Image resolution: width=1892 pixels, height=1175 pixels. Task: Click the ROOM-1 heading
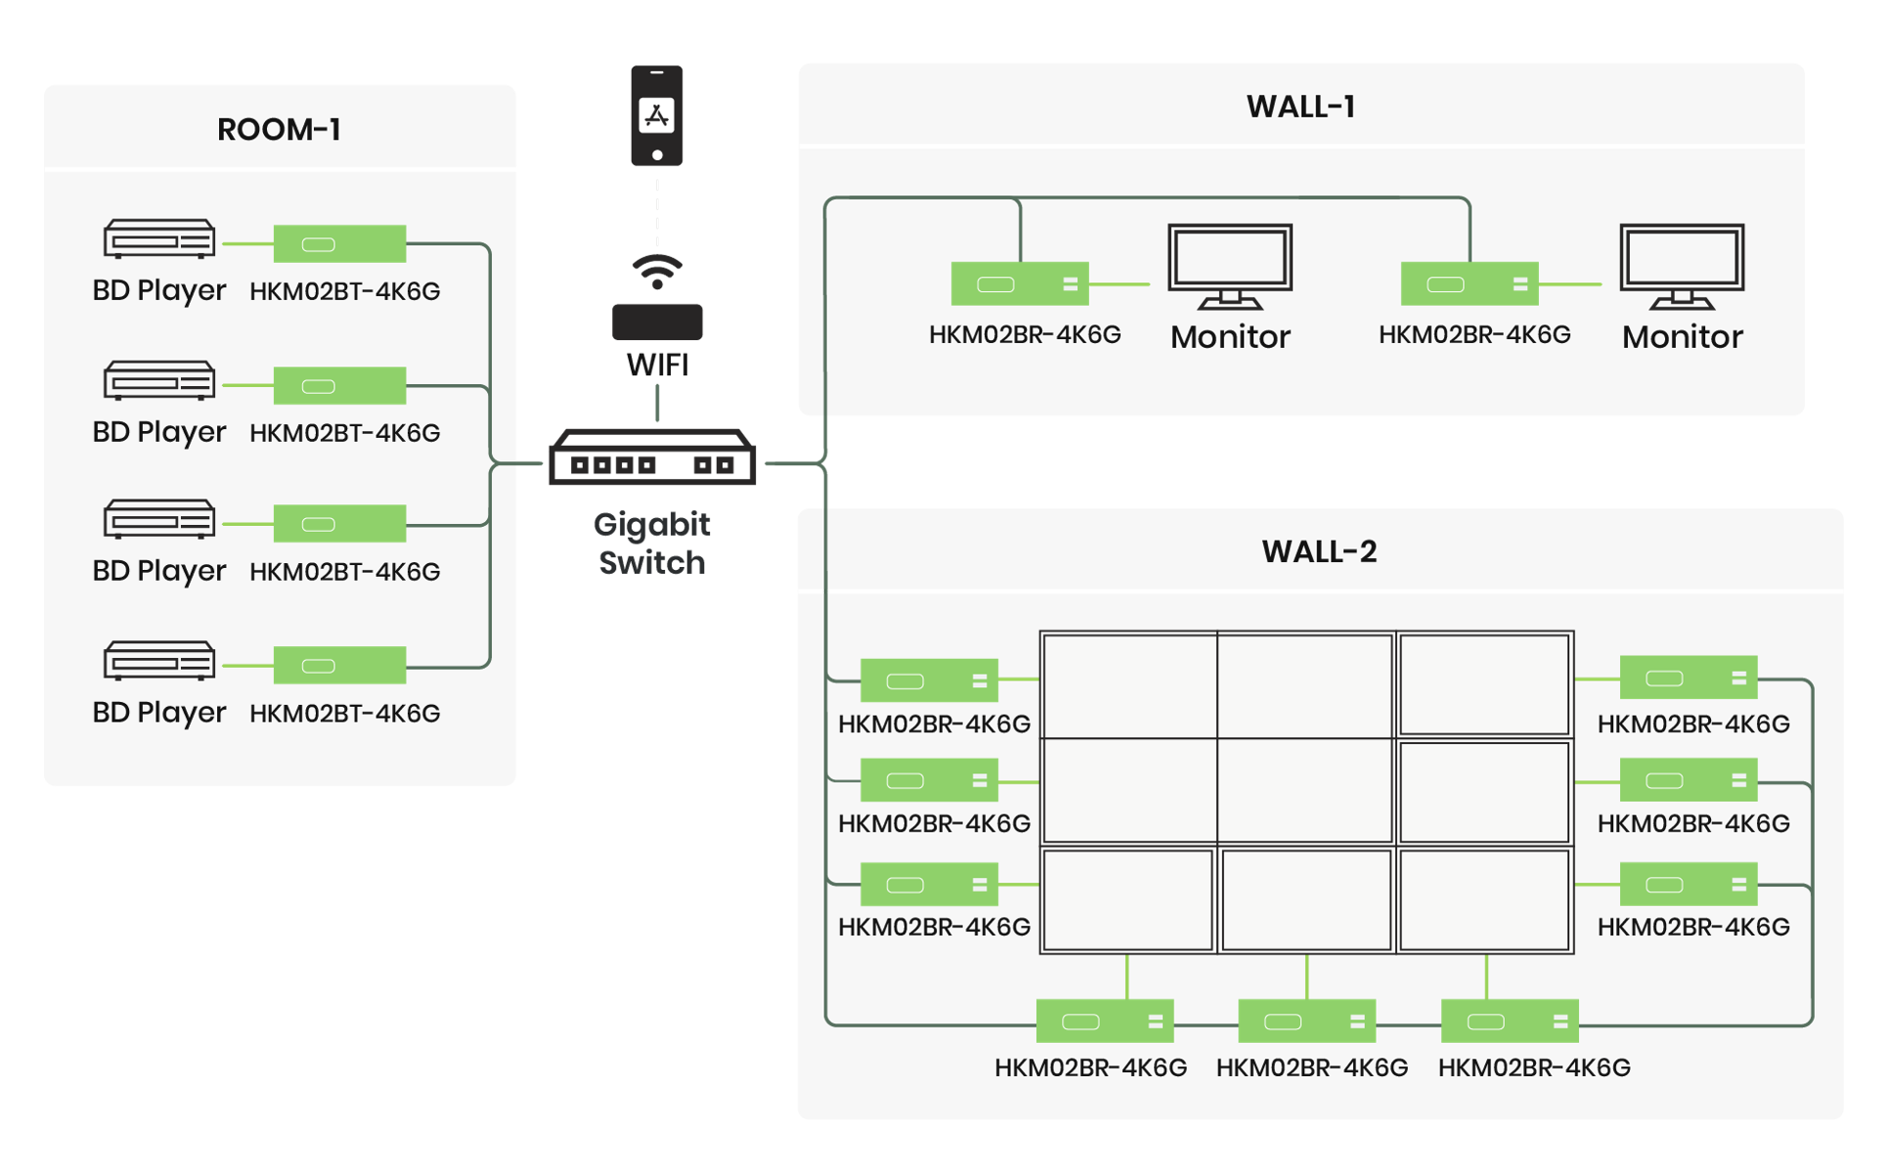coord(279,129)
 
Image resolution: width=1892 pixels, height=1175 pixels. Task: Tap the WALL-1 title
coord(1300,107)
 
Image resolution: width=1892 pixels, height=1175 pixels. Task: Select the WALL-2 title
coord(1319,551)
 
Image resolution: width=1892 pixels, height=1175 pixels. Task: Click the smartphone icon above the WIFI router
coord(656,115)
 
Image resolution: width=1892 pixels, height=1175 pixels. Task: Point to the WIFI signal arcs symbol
coord(656,270)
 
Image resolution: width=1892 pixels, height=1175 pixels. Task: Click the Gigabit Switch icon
coord(652,457)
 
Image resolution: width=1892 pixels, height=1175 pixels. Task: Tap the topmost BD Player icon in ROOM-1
coord(159,239)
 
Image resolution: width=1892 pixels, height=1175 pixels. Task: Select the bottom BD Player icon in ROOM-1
coord(159,661)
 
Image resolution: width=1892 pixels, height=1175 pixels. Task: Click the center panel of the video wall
coord(1305,791)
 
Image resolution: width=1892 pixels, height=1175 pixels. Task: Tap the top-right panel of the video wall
coord(1484,684)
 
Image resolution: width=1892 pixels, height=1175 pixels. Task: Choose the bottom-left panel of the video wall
coord(1127,899)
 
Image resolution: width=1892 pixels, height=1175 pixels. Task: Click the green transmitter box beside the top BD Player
coord(339,243)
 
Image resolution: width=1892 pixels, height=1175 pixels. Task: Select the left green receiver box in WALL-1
coord(1019,283)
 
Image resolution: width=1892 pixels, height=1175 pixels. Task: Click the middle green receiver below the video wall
coord(1306,1022)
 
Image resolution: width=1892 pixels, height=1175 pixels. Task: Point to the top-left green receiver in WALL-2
coord(929,680)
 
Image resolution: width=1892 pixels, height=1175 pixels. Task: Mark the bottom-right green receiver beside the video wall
coord(1688,885)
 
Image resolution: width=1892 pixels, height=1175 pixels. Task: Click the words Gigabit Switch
coord(652,544)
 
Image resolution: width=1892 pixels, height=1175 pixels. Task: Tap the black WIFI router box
coord(657,322)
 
